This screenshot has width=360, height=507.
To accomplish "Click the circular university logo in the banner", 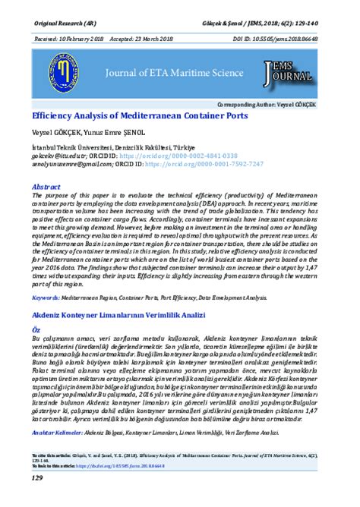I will (x=54, y=74).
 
